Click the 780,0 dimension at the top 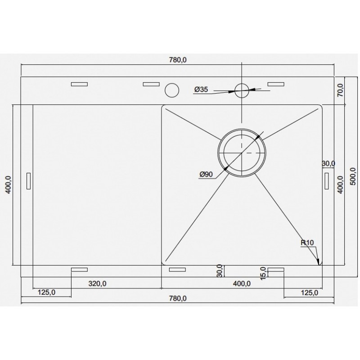[178, 60]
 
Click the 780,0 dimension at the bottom [178, 298]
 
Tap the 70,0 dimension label [340, 90]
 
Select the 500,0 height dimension [352, 176]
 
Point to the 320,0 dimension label [97, 284]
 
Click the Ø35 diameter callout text [201, 89]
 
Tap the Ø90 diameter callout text [206, 175]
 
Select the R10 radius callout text [307, 243]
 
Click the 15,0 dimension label [263, 273]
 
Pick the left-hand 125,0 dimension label [47, 292]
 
